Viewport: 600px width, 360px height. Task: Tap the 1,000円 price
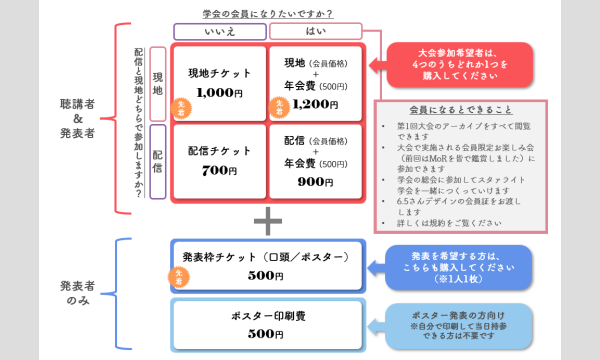tap(217, 92)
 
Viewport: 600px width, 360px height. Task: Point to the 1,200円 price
tap(315, 103)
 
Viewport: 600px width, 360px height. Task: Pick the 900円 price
tap(315, 182)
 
